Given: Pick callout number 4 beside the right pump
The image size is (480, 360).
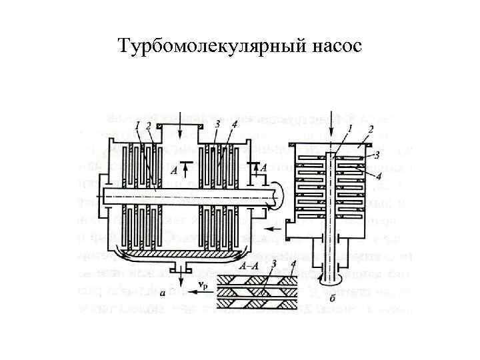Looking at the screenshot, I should tap(379, 176).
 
